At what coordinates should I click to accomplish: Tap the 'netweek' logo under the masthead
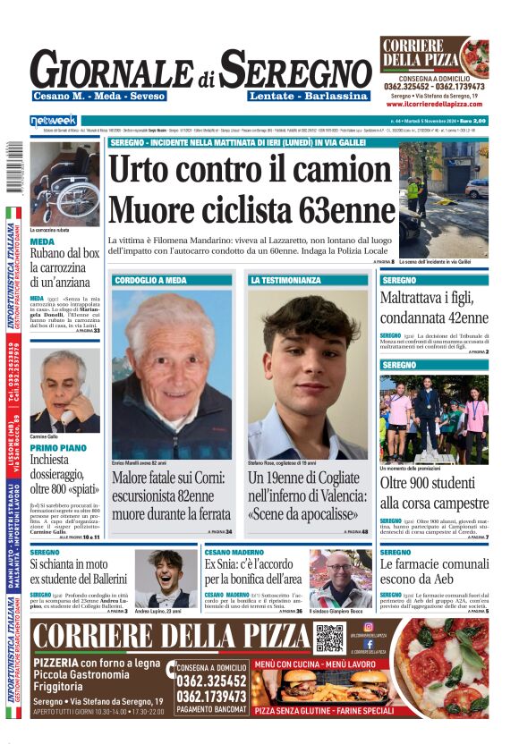point(54,120)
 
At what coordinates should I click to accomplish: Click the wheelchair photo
point(64,182)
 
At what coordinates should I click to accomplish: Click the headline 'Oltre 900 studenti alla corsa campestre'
point(434,494)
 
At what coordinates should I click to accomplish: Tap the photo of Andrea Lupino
point(166,578)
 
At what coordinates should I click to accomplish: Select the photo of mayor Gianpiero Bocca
point(340,578)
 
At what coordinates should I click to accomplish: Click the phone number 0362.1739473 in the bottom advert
point(211,696)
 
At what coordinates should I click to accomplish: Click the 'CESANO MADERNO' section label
point(234,553)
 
